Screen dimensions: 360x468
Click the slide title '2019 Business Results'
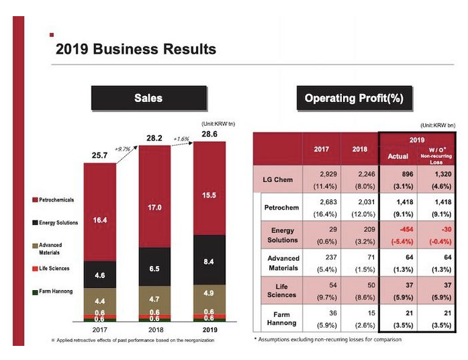coord(136,49)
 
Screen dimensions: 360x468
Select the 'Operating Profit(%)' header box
coord(354,98)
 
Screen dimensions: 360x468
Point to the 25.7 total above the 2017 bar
coord(99,156)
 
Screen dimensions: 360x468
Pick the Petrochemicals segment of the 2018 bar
coord(154,207)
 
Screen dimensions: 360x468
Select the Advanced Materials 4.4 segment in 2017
coord(99,300)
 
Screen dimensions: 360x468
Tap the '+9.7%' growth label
coord(123,148)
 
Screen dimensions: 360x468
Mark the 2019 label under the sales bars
coord(209,330)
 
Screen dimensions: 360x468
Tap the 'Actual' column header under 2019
coord(398,156)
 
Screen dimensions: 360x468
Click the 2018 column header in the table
coord(361,149)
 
